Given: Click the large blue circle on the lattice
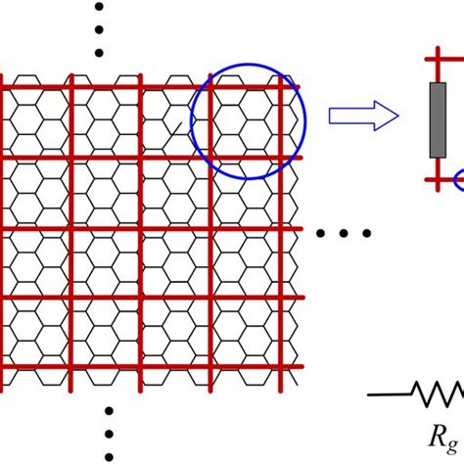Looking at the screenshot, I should (x=248, y=120).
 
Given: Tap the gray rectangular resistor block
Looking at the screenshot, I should (x=437, y=120).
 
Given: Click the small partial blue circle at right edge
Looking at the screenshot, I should (x=460, y=178).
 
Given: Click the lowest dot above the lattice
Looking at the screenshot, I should (x=99, y=53).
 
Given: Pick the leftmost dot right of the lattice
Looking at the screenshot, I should (x=324, y=233).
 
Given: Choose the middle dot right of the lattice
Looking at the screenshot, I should (x=345, y=233).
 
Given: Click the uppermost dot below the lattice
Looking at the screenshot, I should (x=110, y=411).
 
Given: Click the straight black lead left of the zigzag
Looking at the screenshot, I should (x=390, y=394).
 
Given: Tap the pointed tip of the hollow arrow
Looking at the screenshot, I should (x=397, y=117).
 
